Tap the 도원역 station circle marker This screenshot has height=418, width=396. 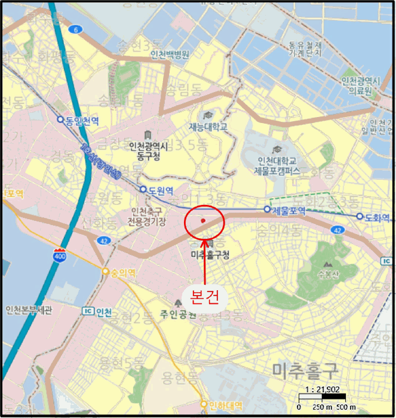pos(143,190)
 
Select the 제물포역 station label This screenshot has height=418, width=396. pos(289,210)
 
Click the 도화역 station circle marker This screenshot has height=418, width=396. pos(360,216)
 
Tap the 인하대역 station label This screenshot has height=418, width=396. pos(226,407)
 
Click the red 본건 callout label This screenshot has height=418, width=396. pos(204,296)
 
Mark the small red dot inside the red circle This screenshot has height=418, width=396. pos(203,220)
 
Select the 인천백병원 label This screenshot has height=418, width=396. pos(170,54)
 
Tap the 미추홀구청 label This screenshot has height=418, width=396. pos(210,255)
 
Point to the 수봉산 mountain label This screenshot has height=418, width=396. pos(327,276)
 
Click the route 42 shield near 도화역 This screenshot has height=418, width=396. pos(338,230)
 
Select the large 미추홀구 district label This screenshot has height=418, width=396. pos(305,371)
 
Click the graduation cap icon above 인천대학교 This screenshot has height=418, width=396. pos(277,149)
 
